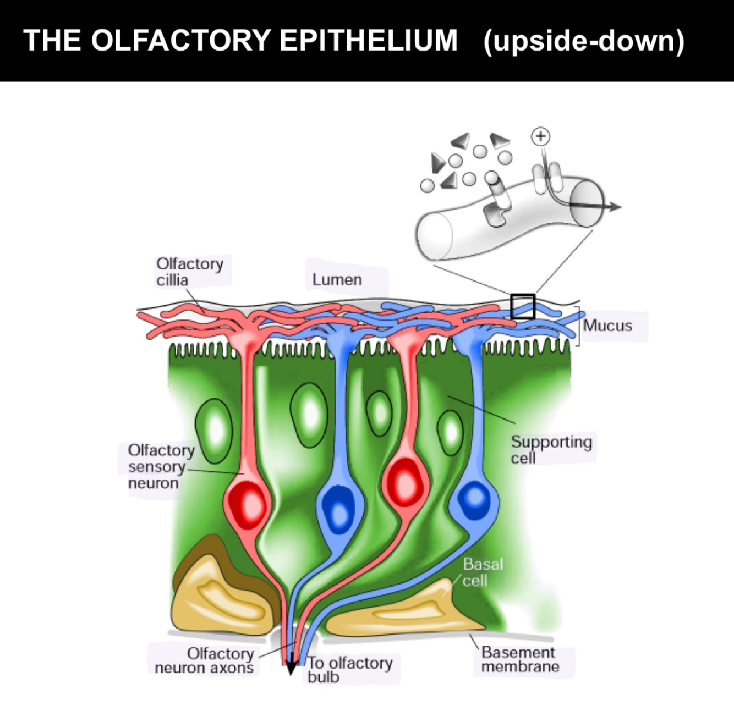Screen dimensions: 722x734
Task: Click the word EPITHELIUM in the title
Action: point(368,40)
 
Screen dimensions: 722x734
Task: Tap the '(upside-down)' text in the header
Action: point(583,41)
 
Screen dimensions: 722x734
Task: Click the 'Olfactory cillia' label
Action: point(189,272)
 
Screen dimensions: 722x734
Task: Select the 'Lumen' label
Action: point(337,279)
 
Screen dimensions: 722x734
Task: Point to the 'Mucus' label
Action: point(607,325)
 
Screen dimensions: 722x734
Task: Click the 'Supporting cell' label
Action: point(551,449)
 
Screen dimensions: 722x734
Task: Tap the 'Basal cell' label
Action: point(483,572)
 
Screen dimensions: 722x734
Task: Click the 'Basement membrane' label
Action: point(519,659)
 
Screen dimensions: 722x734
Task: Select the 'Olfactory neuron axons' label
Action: point(204,660)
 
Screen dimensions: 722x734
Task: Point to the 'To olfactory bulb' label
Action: point(349,669)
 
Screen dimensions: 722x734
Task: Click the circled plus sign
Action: point(541,136)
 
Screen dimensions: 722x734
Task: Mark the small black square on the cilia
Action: point(522,307)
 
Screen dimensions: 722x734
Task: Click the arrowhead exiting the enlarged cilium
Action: point(614,207)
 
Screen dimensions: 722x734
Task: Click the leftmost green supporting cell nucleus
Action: point(214,429)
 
